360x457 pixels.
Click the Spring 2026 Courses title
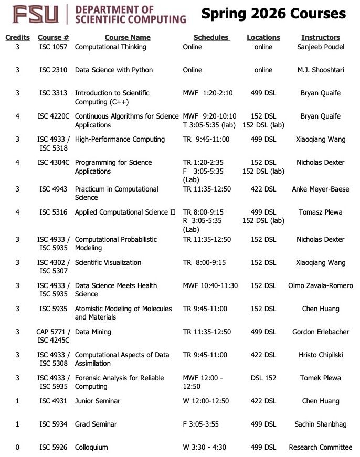[x=273, y=14]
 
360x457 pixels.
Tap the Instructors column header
[x=320, y=37]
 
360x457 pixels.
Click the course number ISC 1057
[x=53, y=47]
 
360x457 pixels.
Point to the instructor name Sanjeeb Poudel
[x=320, y=47]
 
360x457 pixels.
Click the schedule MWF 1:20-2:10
[x=207, y=93]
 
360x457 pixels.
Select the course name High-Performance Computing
[x=120, y=139]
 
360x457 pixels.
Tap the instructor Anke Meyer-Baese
[x=320, y=189]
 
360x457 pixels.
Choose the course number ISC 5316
[x=53, y=212]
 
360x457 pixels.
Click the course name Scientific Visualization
[x=108, y=262]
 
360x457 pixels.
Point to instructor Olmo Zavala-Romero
[x=320, y=285]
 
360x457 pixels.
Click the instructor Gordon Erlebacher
[x=320, y=332]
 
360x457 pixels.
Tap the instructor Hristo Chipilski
[x=320, y=355]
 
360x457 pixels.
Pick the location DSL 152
[x=263, y=378]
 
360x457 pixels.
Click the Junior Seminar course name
[x=98, y=401]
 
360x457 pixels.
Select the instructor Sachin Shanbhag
[x=320, y=424]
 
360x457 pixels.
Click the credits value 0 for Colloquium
[x=17, y=447]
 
